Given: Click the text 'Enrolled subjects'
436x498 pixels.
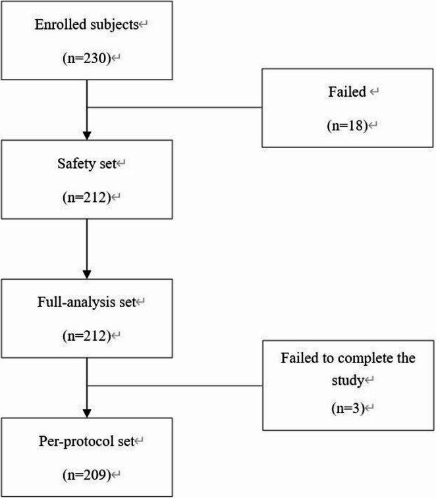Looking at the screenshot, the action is [x=86, y=25].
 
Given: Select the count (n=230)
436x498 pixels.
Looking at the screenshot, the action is [x=86, y=59].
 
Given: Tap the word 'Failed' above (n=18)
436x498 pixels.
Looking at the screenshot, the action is [x=347, y=92].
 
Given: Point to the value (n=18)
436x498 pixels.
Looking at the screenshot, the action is [x=347, y=126].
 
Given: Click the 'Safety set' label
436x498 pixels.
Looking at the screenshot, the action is [x=86, y=164].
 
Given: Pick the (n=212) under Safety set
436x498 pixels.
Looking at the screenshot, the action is [x=86, y=197].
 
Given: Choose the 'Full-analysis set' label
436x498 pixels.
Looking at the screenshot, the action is [x=86, y=302].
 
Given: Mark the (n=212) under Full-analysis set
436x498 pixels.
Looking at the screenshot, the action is [x=86, y=336].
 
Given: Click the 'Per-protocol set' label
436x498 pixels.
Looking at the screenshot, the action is [x=86, y=441].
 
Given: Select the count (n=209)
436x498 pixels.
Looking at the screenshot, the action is [x=86, y=475].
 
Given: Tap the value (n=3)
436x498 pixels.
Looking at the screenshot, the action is [x=348, y=408].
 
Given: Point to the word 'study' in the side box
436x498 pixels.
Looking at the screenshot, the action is [x=348, y=380].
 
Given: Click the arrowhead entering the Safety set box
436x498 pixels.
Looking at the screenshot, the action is [x=87, y=136].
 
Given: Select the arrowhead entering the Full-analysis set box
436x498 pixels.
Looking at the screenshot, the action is [x=87, y=274].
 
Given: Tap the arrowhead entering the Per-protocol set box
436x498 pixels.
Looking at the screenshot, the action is [x=87, y=413].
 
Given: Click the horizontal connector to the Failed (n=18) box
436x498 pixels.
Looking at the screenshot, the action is [x=175, y=107].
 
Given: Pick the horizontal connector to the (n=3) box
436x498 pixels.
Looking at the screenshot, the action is [x=175, y=386].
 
